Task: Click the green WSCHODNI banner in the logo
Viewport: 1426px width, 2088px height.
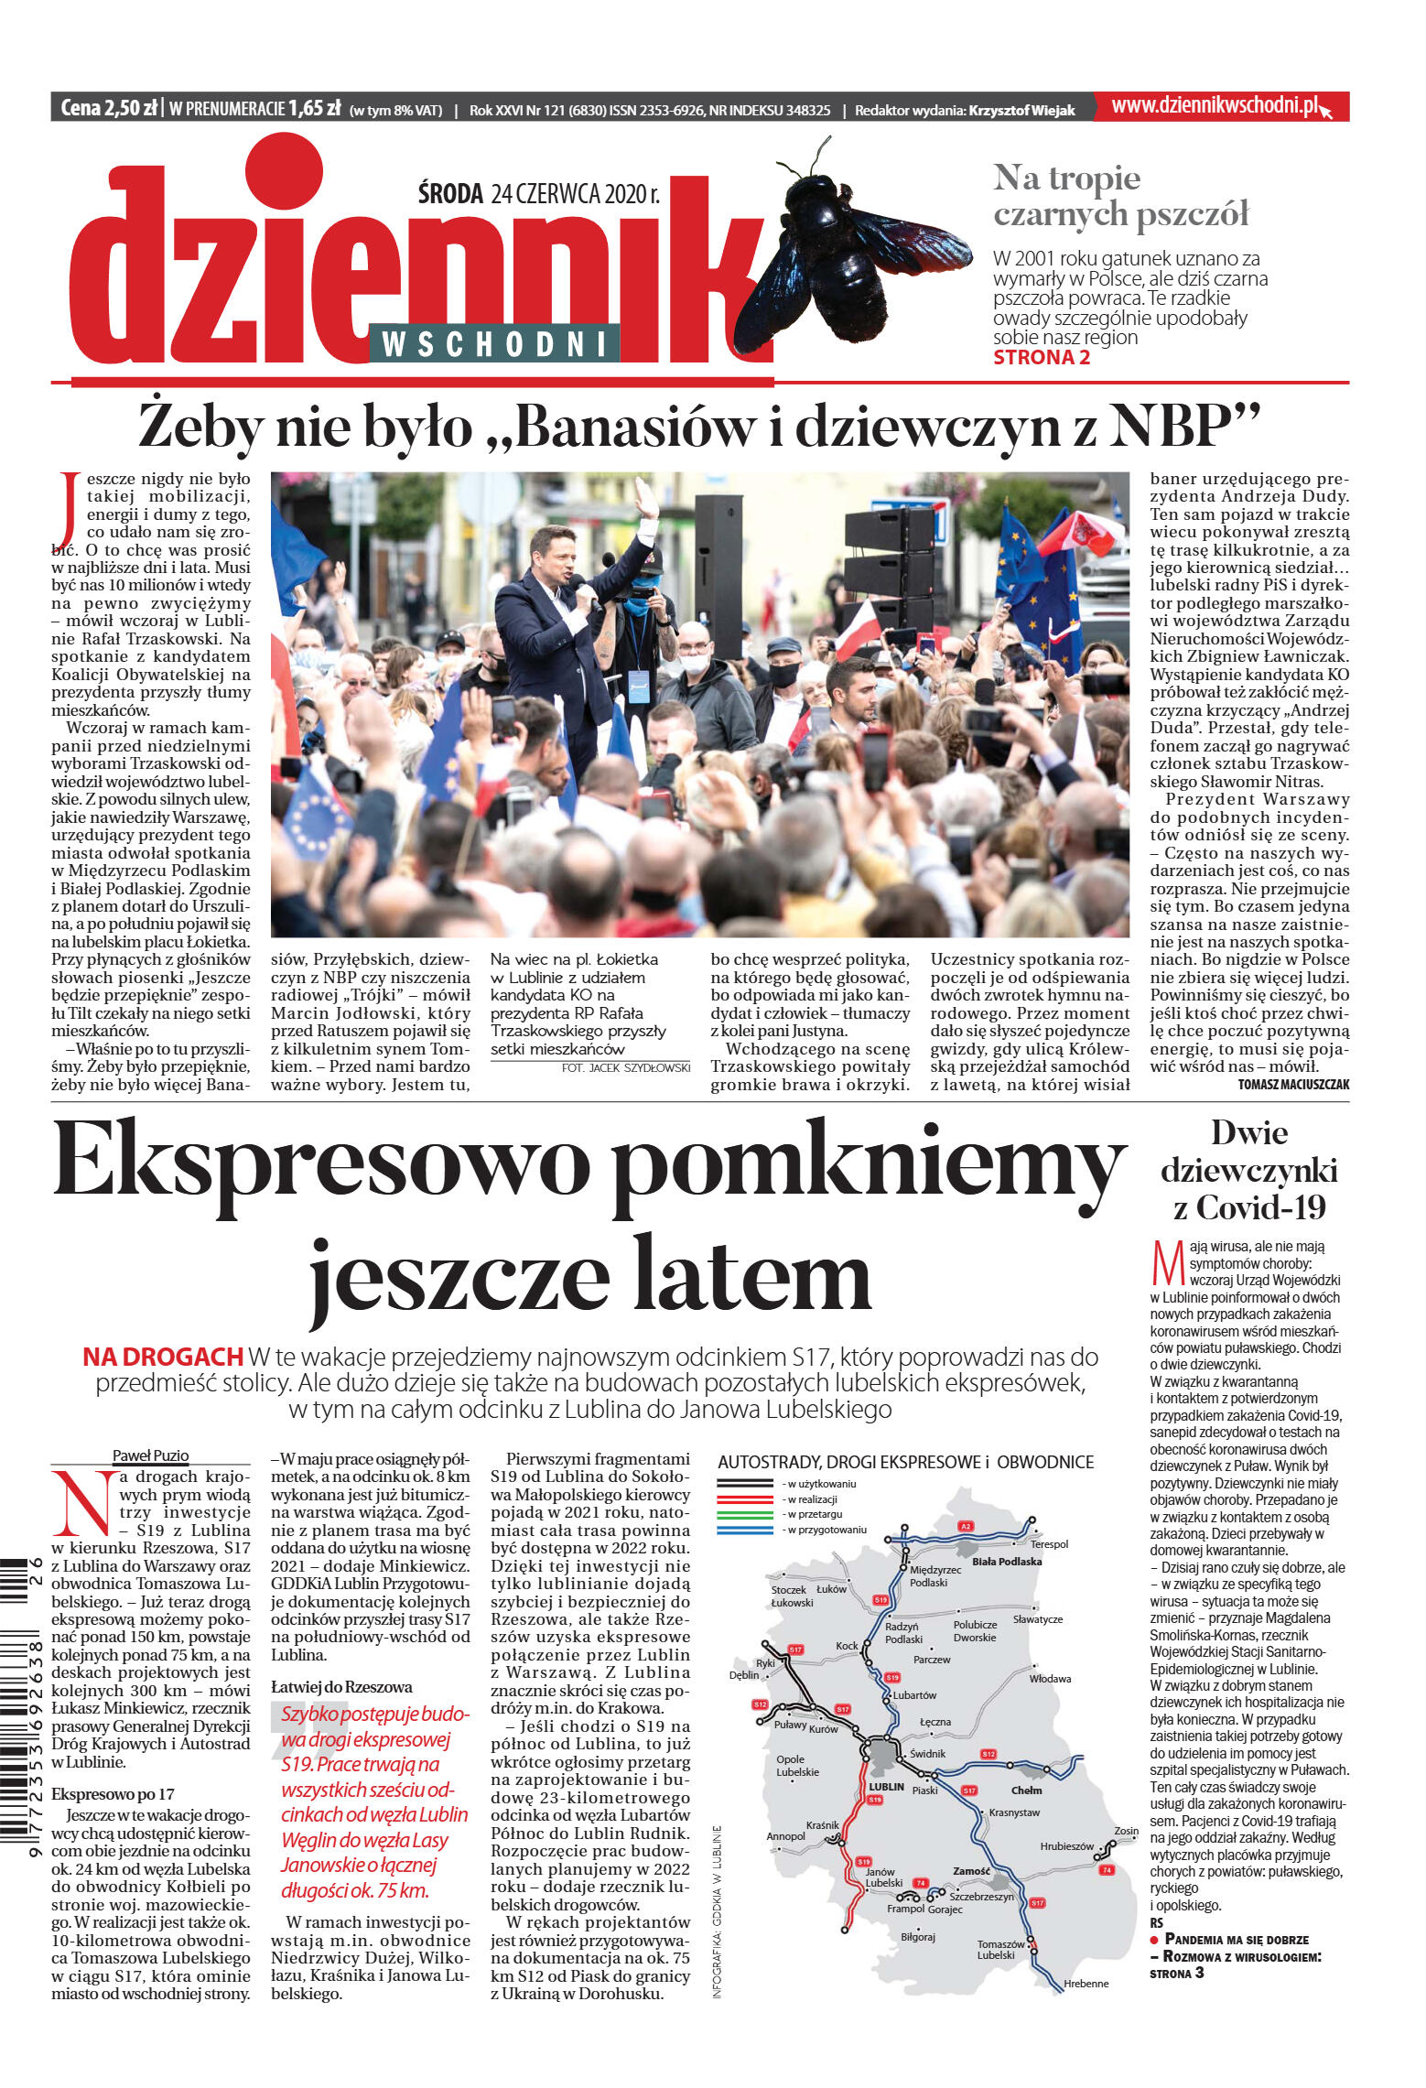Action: pos(494,343)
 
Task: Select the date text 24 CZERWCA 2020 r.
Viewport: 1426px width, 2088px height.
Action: pos(575,193)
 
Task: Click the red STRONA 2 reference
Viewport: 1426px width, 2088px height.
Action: pos(1042,358)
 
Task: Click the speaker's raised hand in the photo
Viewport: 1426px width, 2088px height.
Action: pos(647,499)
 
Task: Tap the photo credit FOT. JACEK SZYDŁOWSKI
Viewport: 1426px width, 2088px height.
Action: pos(626,1067)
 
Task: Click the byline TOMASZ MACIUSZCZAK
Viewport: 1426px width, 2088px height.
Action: pos(1292,1085)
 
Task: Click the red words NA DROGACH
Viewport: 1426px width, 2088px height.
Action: pos(163,1357)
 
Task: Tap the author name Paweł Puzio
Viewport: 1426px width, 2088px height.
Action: pos(150,1455)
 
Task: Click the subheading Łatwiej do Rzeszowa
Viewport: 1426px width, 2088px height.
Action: pos(341,1687)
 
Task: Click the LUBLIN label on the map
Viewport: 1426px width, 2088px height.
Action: pos(886,1786)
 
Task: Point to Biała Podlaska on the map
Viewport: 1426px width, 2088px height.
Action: pos(1006,1561)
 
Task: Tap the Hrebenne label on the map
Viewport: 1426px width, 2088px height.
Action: pos(1086,1984)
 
